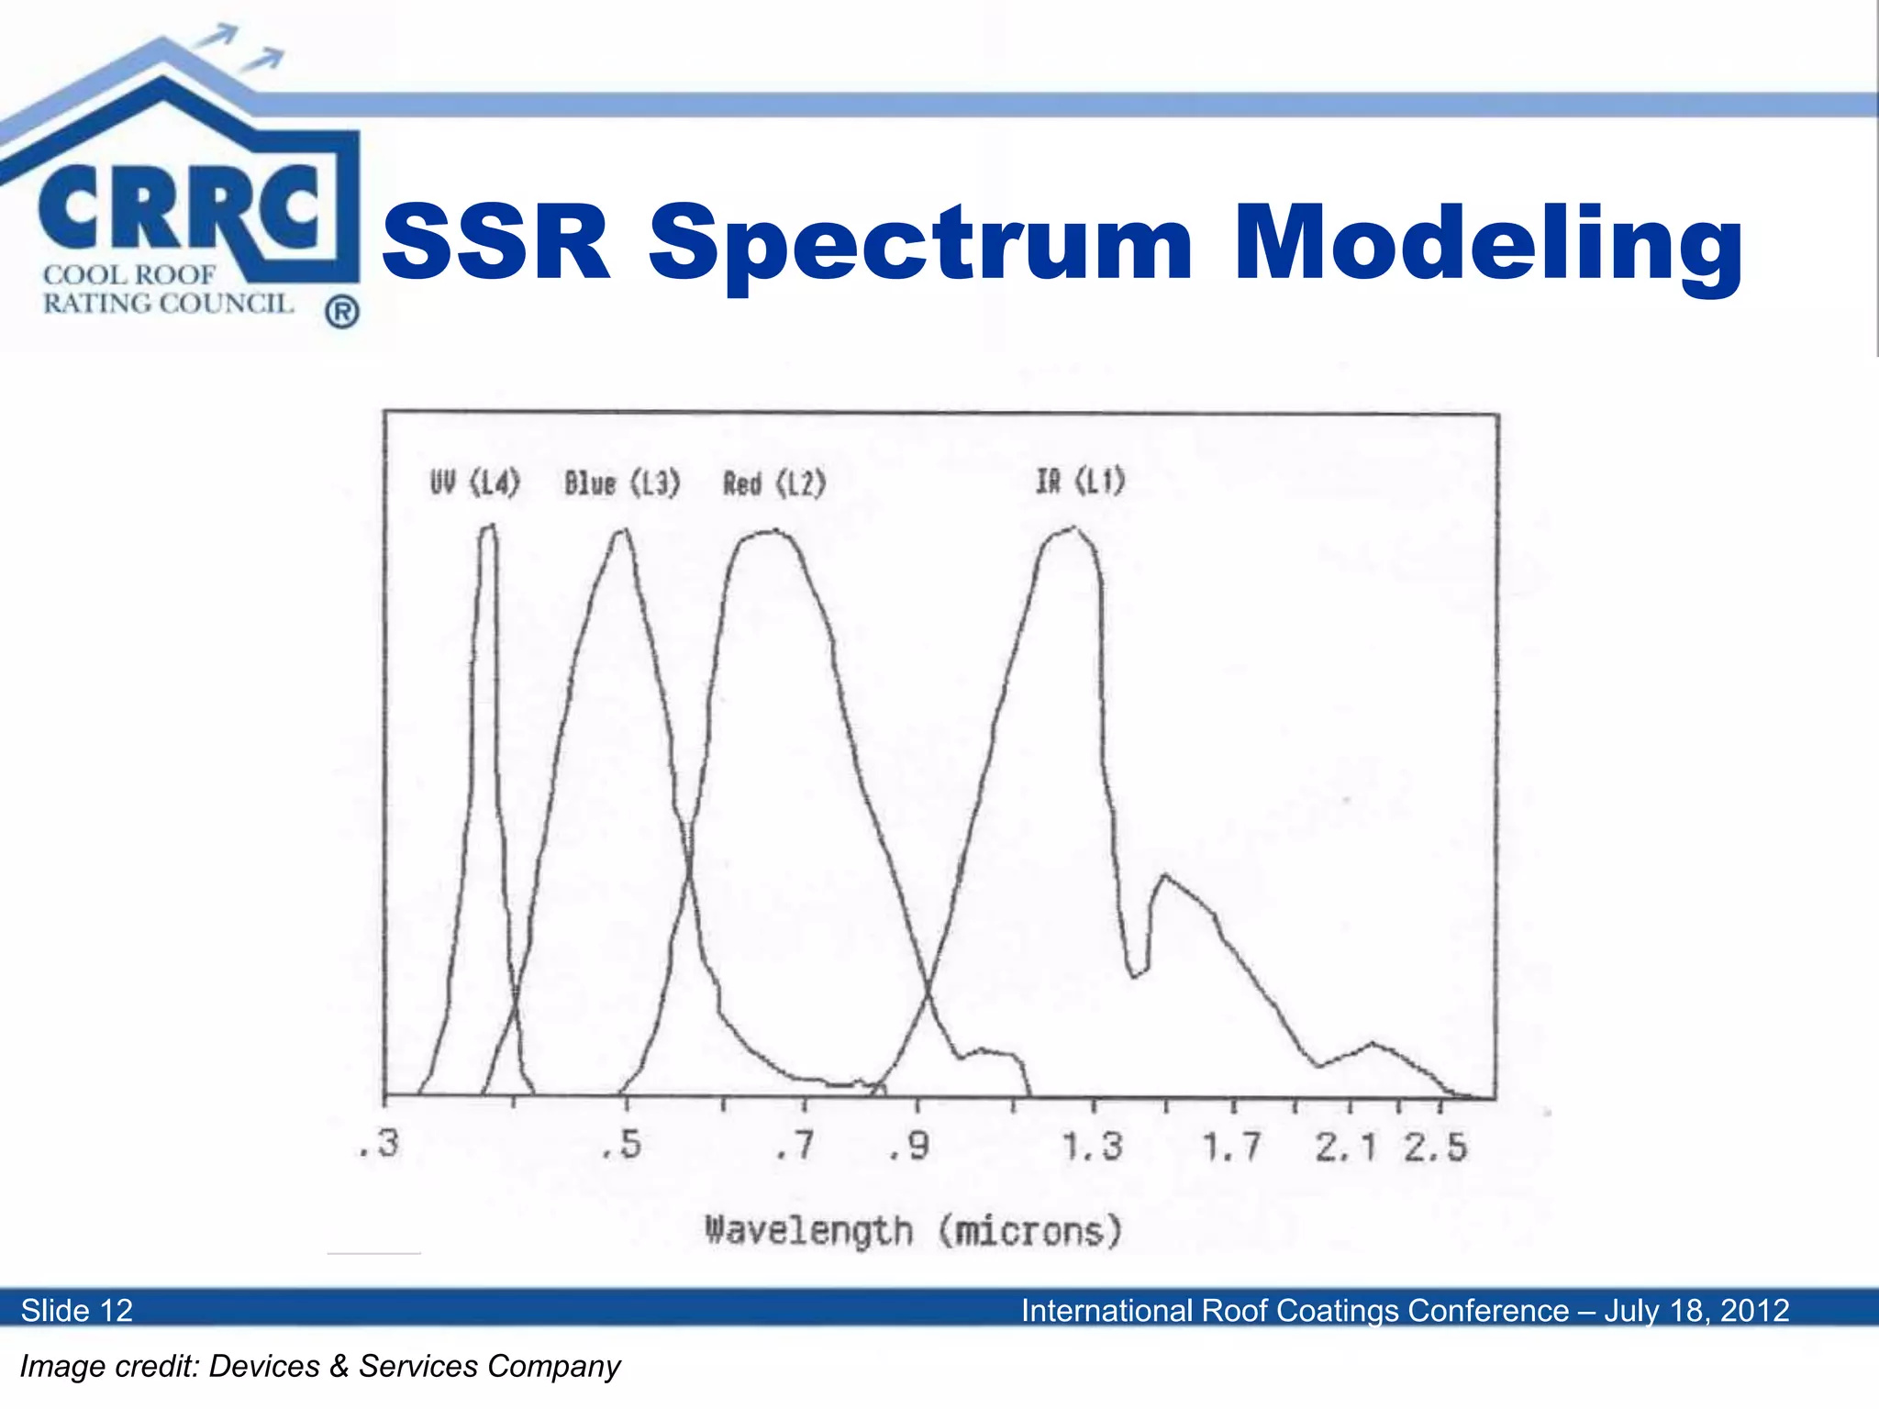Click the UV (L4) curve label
(475, 482)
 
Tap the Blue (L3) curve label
(622, 483)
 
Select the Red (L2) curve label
(774, 483)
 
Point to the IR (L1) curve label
(1080, 480)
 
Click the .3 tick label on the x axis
(379, 1144)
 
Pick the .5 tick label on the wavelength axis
(622, 1145)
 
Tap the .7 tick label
(794, 1145)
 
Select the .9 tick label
(909, 1145)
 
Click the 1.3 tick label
(1092, 1146)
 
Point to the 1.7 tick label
(1231, 1147)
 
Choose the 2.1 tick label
(1345, 1147)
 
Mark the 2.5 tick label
(1435, 1147)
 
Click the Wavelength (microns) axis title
(914, 1231)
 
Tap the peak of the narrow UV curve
(489, 527)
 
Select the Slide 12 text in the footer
(77, 1310)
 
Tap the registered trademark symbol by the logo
(341, 313)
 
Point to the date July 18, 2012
(1696, 1310)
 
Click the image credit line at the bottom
(320, 1366)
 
